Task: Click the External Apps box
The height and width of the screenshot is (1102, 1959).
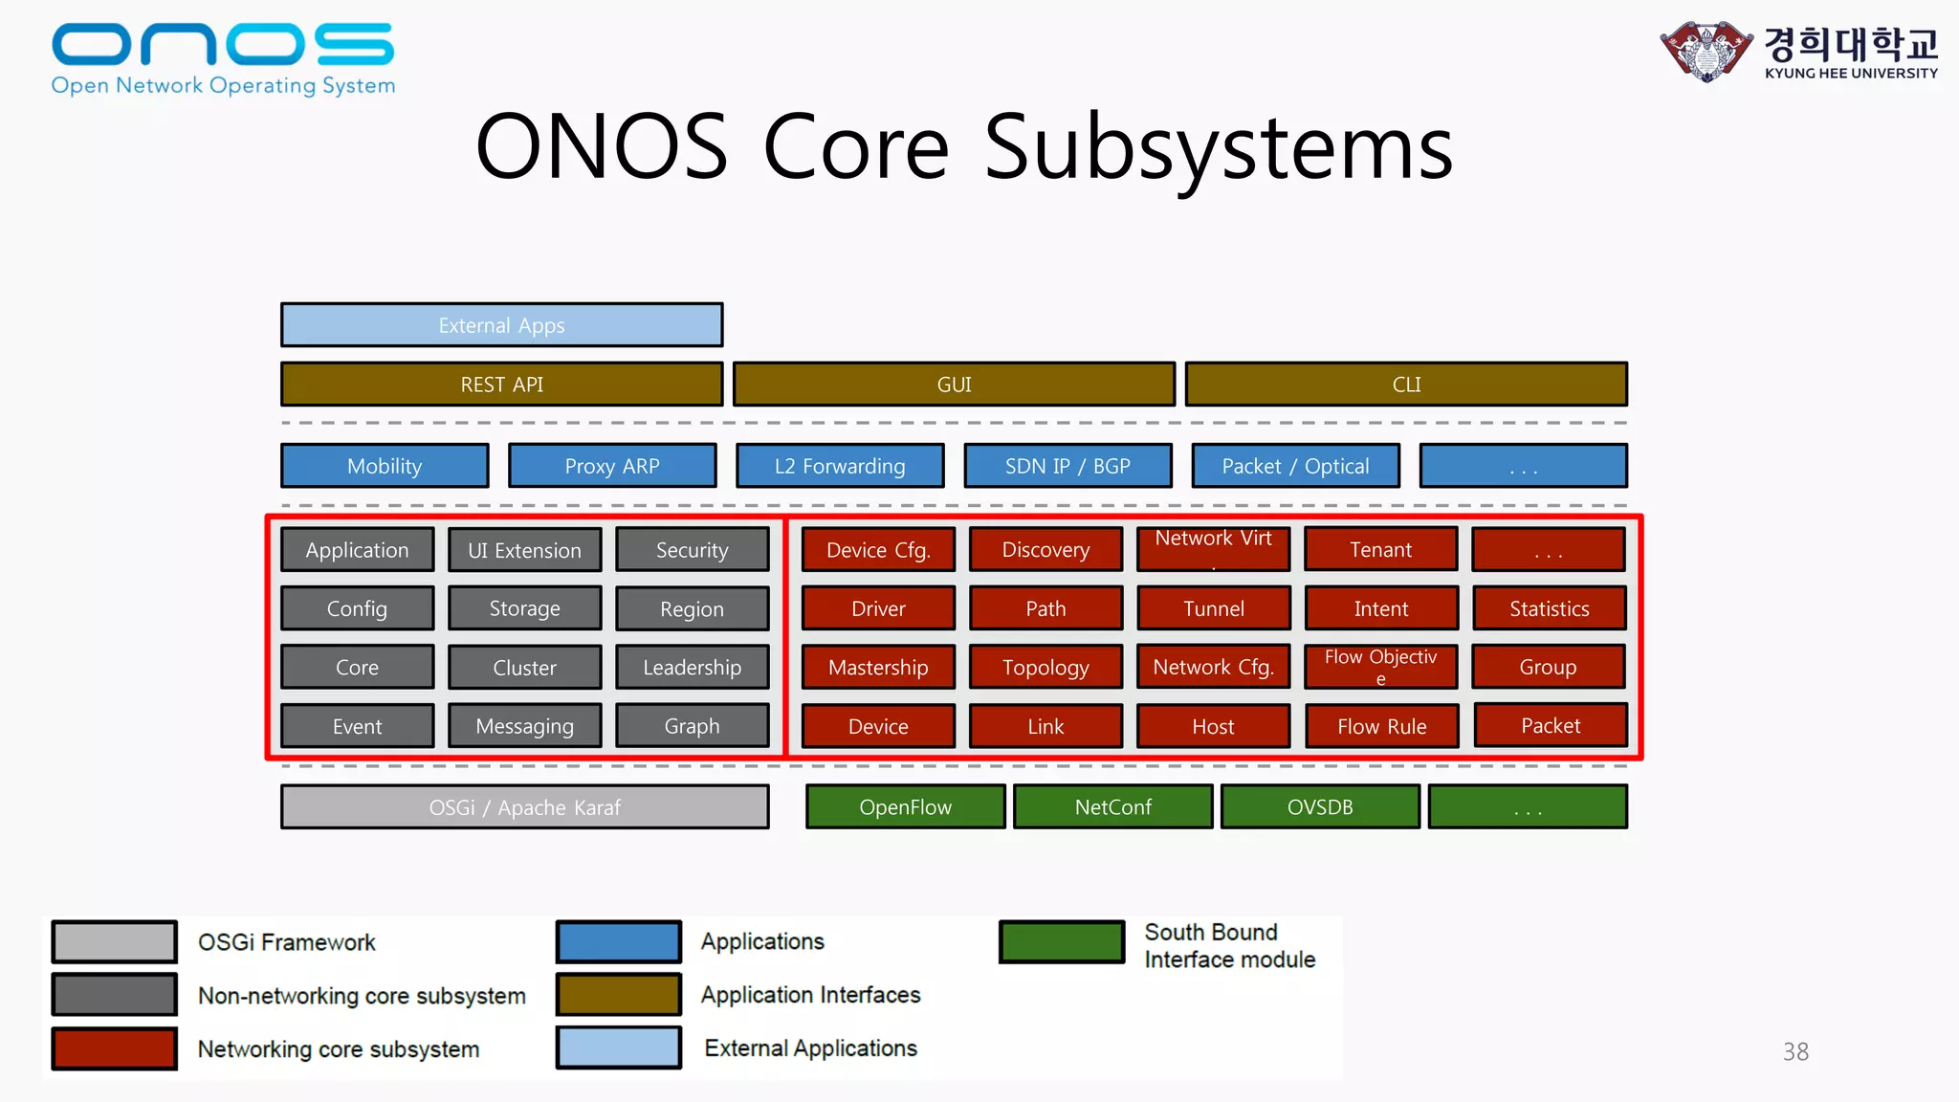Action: pos(501,325)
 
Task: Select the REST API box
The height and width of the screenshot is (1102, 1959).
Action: pos(501,384)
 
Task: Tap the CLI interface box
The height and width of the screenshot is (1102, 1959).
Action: pos(1406,384)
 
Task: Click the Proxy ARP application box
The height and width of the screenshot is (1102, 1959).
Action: pos(612,466)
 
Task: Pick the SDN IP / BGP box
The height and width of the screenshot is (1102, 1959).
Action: pos(1068,466)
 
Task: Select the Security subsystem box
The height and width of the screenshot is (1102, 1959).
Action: pos(692,550)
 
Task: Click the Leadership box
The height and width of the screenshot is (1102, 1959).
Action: pos(692,667)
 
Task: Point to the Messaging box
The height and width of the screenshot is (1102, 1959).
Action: pos(524,726)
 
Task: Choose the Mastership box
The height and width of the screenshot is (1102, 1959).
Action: pos(878,667)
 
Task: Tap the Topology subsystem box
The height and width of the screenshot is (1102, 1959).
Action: pos(1046,667)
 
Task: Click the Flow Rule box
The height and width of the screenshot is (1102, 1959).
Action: pos(1381,726)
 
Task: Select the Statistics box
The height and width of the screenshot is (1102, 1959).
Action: pos(1549,608)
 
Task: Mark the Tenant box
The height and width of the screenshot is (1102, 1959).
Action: pos(1380,549)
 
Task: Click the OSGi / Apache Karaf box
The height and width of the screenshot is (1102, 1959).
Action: pos(524,807)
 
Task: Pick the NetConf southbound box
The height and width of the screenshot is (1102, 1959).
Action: pos(1112,806)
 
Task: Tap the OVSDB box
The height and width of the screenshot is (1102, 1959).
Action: pos(1320,806)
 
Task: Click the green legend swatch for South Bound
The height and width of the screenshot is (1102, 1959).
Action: pos(1062,942)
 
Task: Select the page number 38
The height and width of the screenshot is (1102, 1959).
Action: pos(1795,1051)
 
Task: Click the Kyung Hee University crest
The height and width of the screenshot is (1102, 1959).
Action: pos(1706,51)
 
